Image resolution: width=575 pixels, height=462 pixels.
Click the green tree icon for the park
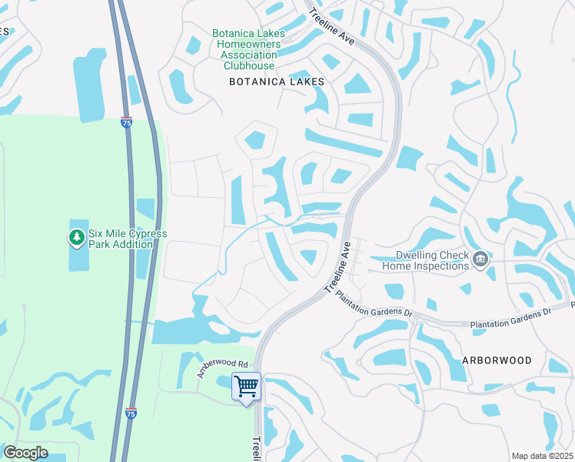coord(76,238)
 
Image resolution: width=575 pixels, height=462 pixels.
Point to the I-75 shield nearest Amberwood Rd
coord(131,413)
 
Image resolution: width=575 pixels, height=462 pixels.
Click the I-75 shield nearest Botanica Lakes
coord(126,122)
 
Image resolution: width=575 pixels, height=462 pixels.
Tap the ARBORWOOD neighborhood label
coord(497,360)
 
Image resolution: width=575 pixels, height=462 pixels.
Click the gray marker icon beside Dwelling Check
coord(481,259)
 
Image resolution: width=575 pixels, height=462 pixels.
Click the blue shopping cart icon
coord(246,386)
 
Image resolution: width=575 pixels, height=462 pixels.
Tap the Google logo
coord(26,453)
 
